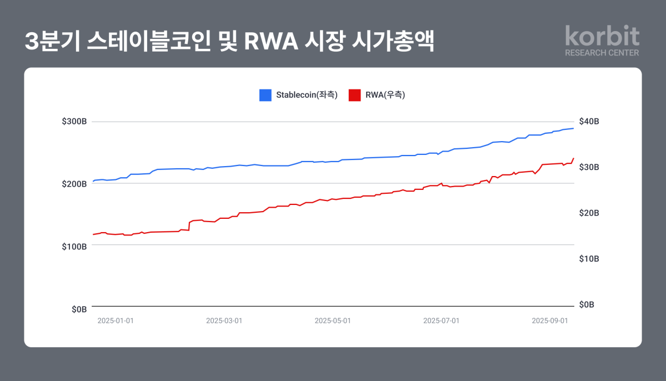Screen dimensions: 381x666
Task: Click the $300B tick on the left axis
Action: tap(74, 122)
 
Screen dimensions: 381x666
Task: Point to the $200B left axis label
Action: tap(74, 184)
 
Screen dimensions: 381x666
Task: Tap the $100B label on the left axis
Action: tap(74, 246)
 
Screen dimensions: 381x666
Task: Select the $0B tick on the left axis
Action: tap(79, 309)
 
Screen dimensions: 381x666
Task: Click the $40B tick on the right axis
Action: tap(589, 122)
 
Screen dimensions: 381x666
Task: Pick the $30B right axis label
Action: tap(589, 167)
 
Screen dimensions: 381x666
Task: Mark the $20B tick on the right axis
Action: tap(589, 213)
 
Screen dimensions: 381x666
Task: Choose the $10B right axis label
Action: tap(589, 259)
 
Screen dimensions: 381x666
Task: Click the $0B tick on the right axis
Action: tap(587, 305)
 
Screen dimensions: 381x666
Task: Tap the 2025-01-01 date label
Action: tap(116, 320)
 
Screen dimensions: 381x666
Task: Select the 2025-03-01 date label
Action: tap(224, 320)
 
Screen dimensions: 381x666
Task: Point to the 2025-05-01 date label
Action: tap(333, 320)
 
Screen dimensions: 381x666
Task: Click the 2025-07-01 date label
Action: tap(442, 320)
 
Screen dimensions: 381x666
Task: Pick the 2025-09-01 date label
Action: tap(550, 320)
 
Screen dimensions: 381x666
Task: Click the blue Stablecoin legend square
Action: tap(266, 95)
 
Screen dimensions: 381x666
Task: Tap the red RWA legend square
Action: tap(354, 95)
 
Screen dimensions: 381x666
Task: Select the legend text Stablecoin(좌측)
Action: tap(307, 95)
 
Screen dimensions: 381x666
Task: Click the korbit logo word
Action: tap(602, 36)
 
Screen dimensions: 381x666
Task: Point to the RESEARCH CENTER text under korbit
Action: tap(602, 53)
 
